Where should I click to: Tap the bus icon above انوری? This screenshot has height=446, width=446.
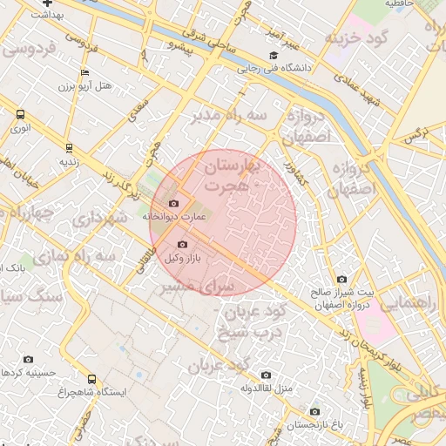(x=20, y=114)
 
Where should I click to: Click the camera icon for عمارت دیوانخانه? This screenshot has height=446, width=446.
(x=173, y=203)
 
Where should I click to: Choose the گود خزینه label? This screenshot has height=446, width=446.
(x=355, y=37)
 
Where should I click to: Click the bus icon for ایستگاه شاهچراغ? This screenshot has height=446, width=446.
(x=92, y=379)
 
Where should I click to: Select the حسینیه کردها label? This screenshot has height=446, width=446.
(x=30, y=372)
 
